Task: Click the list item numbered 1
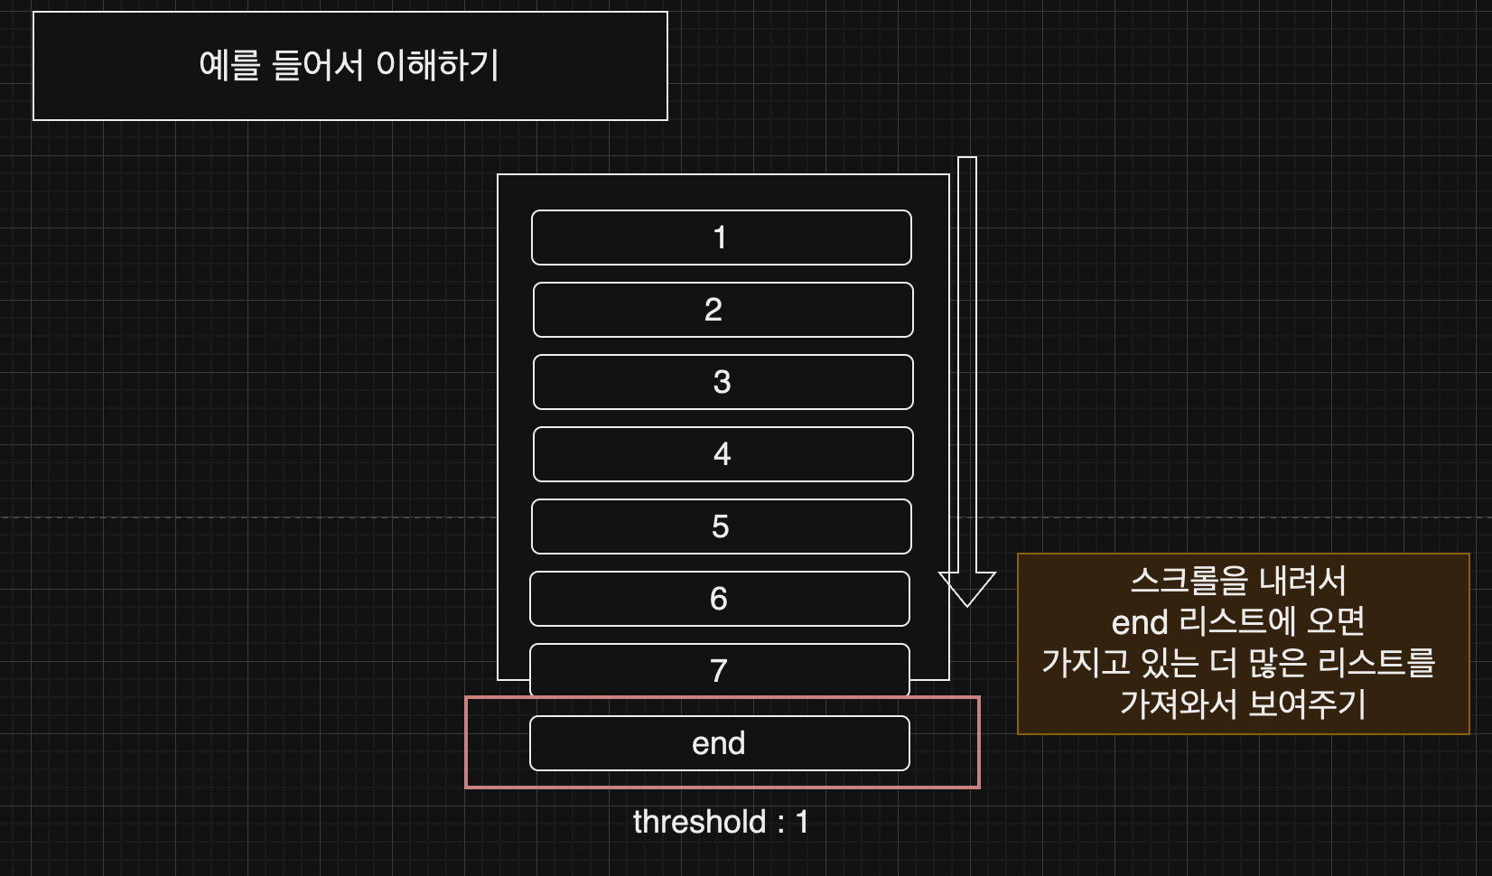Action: [x=721, y=238]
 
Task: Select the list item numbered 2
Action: [x=723, y=310]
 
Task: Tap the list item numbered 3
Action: [x=723, y=382]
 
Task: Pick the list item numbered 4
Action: [x=723, y=454]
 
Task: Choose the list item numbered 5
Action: [x=721, y=527]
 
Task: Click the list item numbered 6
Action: [x=719, y=599]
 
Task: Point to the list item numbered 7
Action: [x=719, y=670]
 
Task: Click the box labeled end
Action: [x=719, y=743]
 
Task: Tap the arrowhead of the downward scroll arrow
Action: [x=967, y=588]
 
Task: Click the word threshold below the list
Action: [x=699, y=822]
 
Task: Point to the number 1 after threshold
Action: [x=801, y=822]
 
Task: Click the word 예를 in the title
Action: [x=229, y=65]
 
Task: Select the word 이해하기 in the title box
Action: [x=437, y=65]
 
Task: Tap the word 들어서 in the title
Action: [x=317, y=65]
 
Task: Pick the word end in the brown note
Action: [x=1140, y=622]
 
